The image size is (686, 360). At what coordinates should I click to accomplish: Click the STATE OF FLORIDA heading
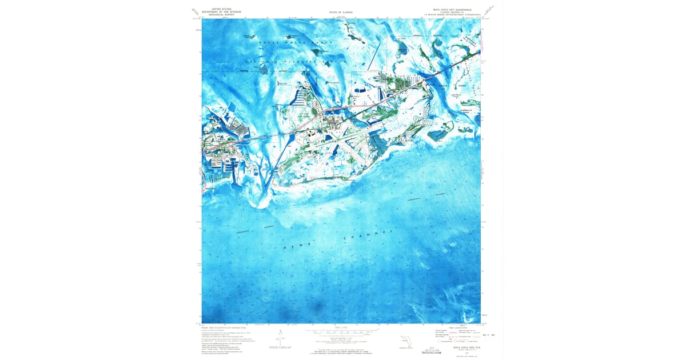click(x=341, y=11)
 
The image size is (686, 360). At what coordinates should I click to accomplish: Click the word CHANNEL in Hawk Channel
click(x=368, y=235)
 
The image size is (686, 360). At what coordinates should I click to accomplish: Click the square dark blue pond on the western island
click(x=232, y=107)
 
